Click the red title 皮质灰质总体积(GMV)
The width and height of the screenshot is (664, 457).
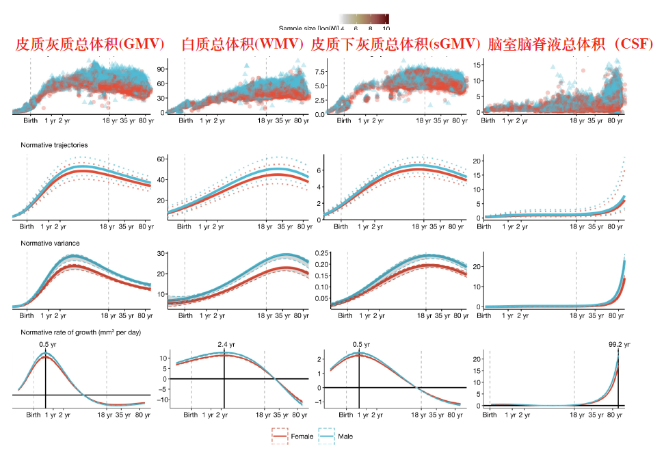click(90, 45)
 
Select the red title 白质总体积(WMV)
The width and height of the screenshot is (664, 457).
click(243, 45)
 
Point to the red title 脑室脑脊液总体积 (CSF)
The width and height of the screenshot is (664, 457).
click(570, 45)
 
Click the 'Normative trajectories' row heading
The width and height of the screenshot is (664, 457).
click(54, 145)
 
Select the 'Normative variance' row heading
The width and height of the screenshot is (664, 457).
click(50, 243)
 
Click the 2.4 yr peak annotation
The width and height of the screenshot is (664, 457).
click(225, 345)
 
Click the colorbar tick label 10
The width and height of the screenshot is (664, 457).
click(386, 29)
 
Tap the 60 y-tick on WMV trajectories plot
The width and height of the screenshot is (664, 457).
click(162, 159)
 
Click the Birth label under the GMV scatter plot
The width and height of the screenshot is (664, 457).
click(29, 121)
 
